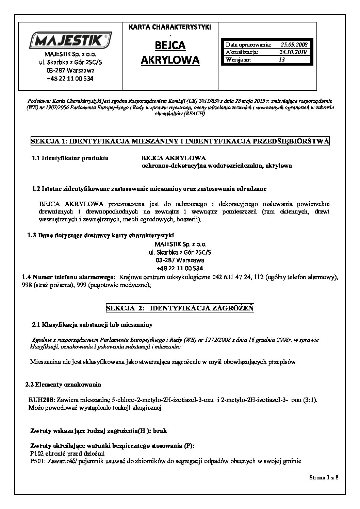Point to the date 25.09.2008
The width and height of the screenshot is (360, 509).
pyautogui.click(x=294, y=45)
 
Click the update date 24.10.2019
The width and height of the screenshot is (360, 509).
pyautogui.click(x=293, y=52)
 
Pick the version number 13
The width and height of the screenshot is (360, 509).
pyautogui.click(x=281, y=60)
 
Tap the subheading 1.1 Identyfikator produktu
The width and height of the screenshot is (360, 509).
pyautogui.click(x=70, y=158)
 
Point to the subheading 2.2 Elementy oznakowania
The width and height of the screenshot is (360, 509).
pyautogui.click(x=64, y=385)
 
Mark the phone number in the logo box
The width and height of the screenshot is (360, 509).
pyautogui.click(x=70, y=78)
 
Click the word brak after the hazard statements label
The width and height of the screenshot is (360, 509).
pyautogui.click(x=160, y=431)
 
